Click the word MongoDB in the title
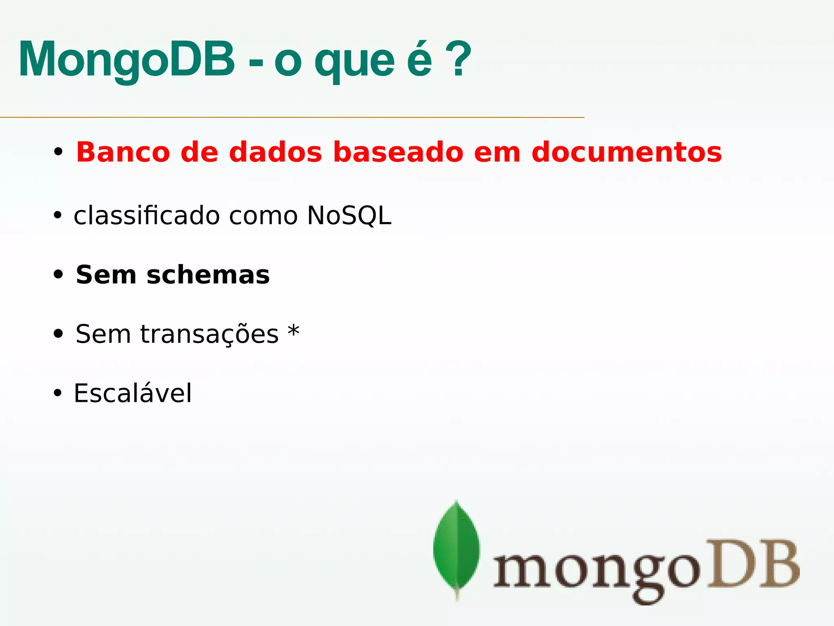[127, 60]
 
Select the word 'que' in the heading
[354, 63]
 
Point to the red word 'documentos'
[626, 152]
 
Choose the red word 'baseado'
[398, 152]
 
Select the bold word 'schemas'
[208, 275]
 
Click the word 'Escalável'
[132, 393]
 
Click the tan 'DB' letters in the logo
[753, 564]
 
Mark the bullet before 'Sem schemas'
[58, 275]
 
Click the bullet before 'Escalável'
[57, 393]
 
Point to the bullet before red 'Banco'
[58, 152]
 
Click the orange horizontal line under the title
[292, 117]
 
